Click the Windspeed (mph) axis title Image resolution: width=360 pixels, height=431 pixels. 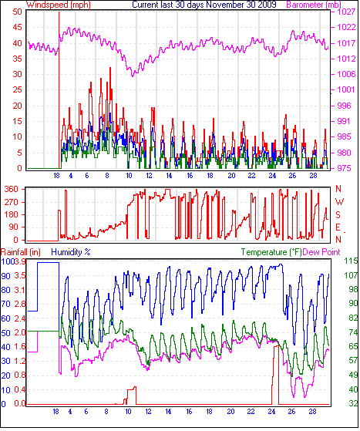click(58, 5)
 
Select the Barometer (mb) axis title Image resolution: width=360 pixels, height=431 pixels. click(314, 5)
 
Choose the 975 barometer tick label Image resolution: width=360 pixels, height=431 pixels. click(343, 168)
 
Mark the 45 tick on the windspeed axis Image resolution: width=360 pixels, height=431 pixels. click(17, 27)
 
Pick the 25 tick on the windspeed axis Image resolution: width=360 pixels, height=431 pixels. click(17, 89)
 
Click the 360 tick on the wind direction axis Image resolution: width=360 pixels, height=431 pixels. click(11, 189)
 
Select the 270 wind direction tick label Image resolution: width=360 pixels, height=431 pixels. click(11, 202)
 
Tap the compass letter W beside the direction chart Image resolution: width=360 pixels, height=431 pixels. click(340, 202)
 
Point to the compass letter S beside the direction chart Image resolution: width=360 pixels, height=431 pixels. click(338, 214)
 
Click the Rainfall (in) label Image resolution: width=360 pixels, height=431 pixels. click(21, 252)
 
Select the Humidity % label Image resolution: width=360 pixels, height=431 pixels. click(71, 252)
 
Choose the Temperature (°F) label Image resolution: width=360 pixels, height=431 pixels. click(271, 252)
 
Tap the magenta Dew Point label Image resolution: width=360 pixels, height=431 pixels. click(321, 252)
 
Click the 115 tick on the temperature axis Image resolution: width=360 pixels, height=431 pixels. click(351, 261)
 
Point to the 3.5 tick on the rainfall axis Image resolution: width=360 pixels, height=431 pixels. click(20, 275)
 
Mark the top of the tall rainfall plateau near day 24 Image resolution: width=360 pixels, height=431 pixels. click(276, 346)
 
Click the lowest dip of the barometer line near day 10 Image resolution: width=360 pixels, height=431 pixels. click(133, 76)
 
